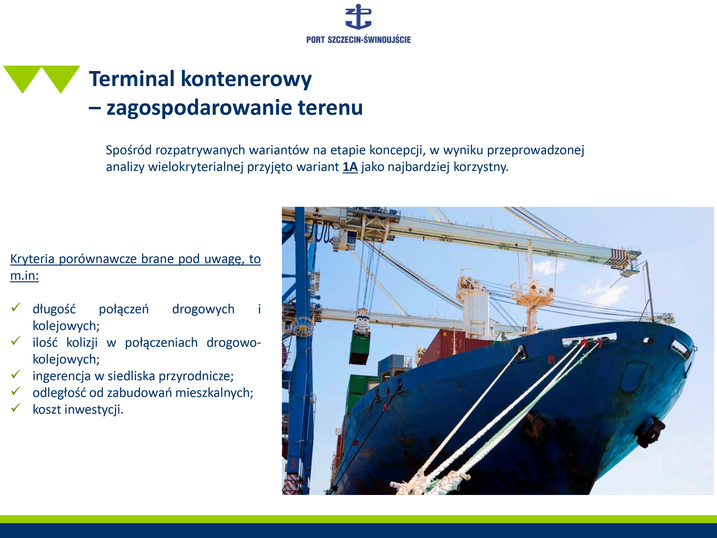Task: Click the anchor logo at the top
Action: click(x=358, y=17)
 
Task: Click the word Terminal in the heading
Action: click(x=132, y=79)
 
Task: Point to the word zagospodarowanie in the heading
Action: click(x=199, y=108)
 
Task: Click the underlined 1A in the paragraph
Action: click(x=350, y=167)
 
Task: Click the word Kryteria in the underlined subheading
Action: click(x=33, y=259)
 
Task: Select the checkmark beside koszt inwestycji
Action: click(x=16, y=408)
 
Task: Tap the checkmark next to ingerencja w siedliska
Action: click(x=16, y=374)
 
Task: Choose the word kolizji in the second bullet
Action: click(x=82, y=342)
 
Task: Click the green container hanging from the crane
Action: click(x=359, y=350)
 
